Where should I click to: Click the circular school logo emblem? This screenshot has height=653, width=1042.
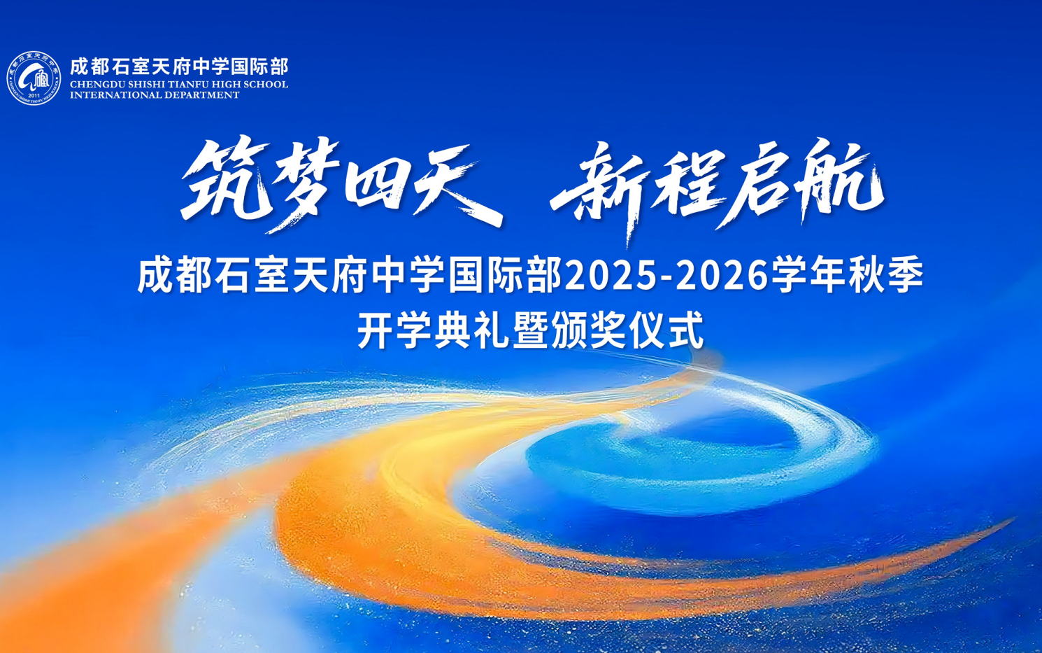click(34, 78)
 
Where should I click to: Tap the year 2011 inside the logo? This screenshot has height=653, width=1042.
click(34, 95)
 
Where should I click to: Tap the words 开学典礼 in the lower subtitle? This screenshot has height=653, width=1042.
click(433, 330)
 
